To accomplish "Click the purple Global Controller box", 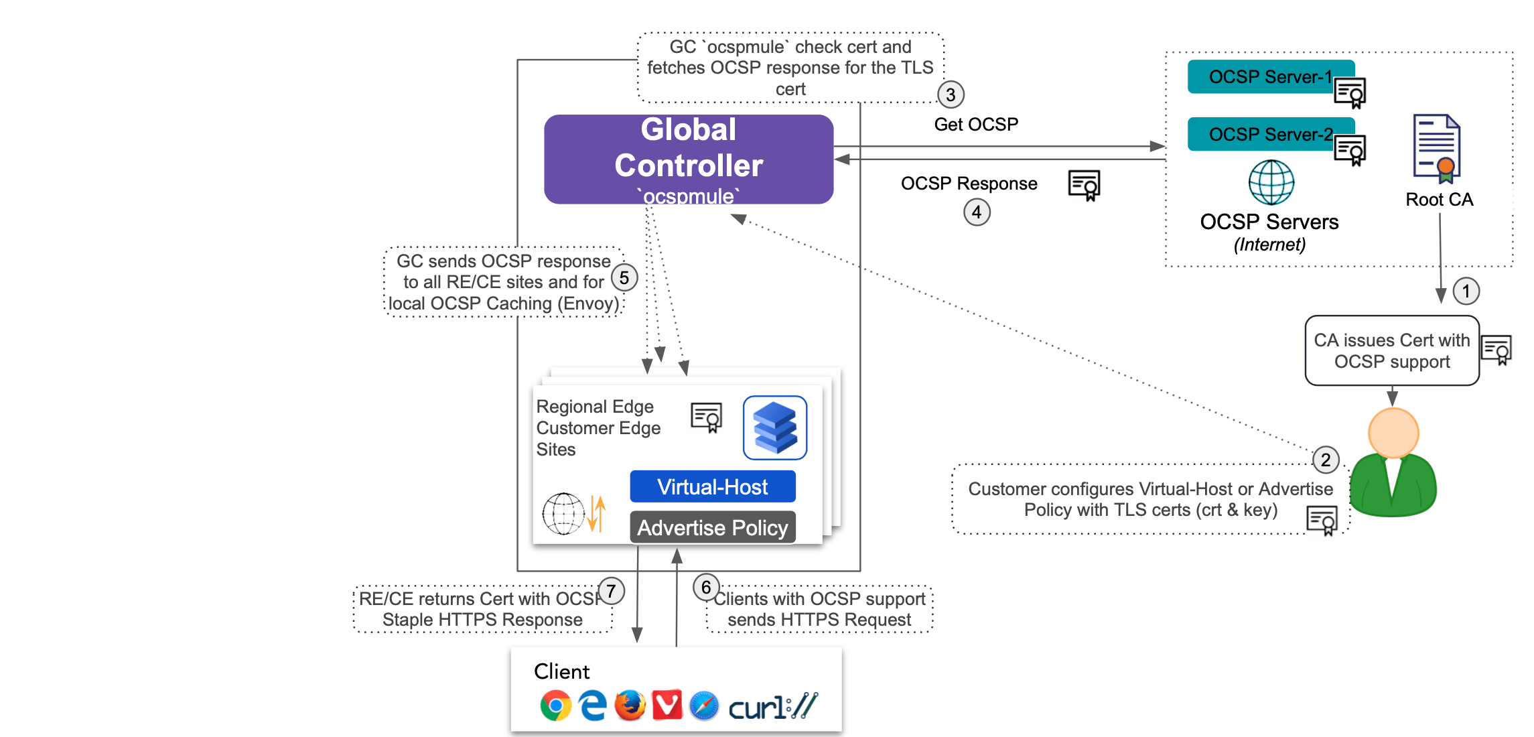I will (689, 159).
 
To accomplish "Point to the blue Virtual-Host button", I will (712, 486).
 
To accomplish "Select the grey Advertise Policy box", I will (712, 527).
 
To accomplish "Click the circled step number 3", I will (951, 94).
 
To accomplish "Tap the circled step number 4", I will (977, 212).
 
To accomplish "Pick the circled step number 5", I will (624, 277).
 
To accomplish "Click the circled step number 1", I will (1466, 291).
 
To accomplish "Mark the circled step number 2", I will (1326, 460).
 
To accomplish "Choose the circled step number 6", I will (706, 588).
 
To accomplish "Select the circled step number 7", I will (611, 591).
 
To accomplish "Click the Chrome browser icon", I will (555, 706).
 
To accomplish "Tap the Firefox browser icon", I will (630, 706).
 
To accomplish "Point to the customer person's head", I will (1393, 433).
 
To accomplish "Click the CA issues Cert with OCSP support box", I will (1391, 350).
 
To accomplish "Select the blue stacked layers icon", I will (775, 427).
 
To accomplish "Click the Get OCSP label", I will (976, 124).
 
